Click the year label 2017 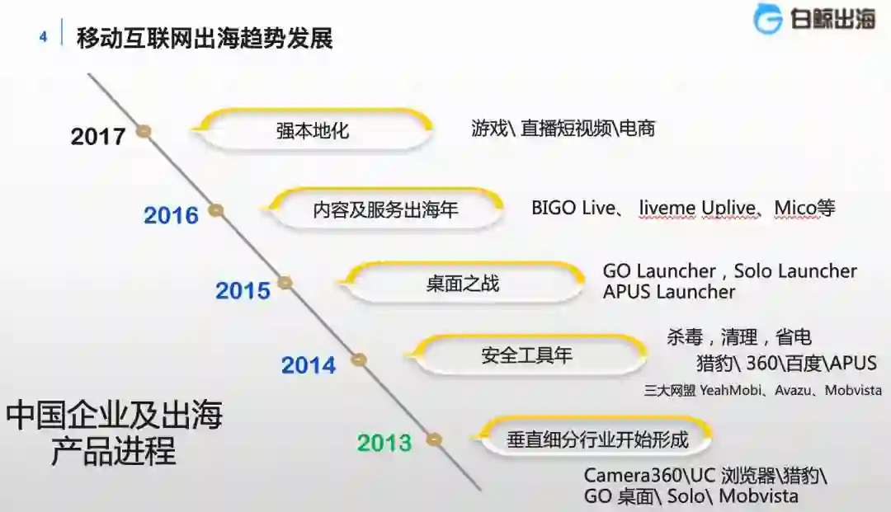click(x=98, y=136)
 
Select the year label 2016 click(x=172, y=215)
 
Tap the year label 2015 click(x=243, y=290)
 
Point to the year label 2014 click(x=309, y=365)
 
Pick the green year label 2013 click(x=384, y=443)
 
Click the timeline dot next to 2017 click(x=144, y=130)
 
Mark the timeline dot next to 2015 click(x=285, y=283)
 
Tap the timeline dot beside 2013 click(x=434, y=439)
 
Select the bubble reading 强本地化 click(x=313, y=130)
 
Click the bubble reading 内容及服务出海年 click(x=385, y=209)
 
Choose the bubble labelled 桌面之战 click(x=463, y=284)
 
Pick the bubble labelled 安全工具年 click(x=526, y=356)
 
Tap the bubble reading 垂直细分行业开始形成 click(x=596, y=439)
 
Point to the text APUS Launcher click(x=668, y=292)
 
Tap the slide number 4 click(x=43, y=37)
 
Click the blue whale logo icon click(x=767, y=19)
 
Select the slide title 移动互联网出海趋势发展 click(x=205, y=38)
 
